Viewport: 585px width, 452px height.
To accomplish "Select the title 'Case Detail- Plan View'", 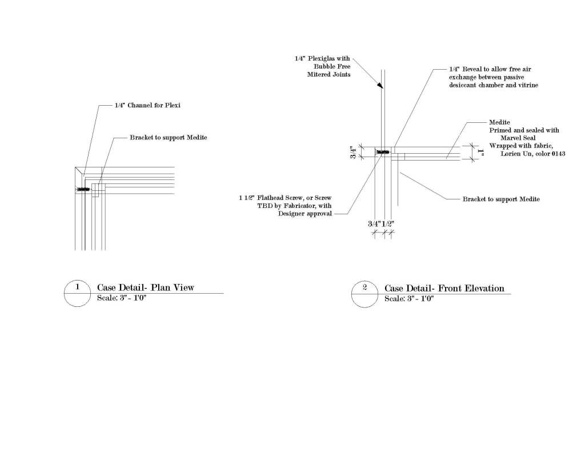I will pos(145,287).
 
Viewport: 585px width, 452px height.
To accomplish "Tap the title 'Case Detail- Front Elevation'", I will pos(444,288).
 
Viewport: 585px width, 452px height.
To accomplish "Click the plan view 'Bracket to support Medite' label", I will pos(168,138).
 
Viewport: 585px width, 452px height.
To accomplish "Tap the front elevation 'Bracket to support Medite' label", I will pos(500,199).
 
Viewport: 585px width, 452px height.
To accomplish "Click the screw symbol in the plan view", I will pos(84,189).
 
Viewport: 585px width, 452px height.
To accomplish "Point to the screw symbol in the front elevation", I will pos(382,153).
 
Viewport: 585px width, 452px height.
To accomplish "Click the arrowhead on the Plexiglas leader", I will pos(379,86).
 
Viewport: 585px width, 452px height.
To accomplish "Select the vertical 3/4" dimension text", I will pos(354,153).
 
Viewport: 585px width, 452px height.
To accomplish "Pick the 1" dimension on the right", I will pos(482,153).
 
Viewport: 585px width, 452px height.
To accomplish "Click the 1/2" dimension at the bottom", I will pos(388,223).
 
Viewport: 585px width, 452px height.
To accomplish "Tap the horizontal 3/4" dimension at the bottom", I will pos(375,223).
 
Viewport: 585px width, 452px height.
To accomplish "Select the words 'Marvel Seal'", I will pos(518,137).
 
